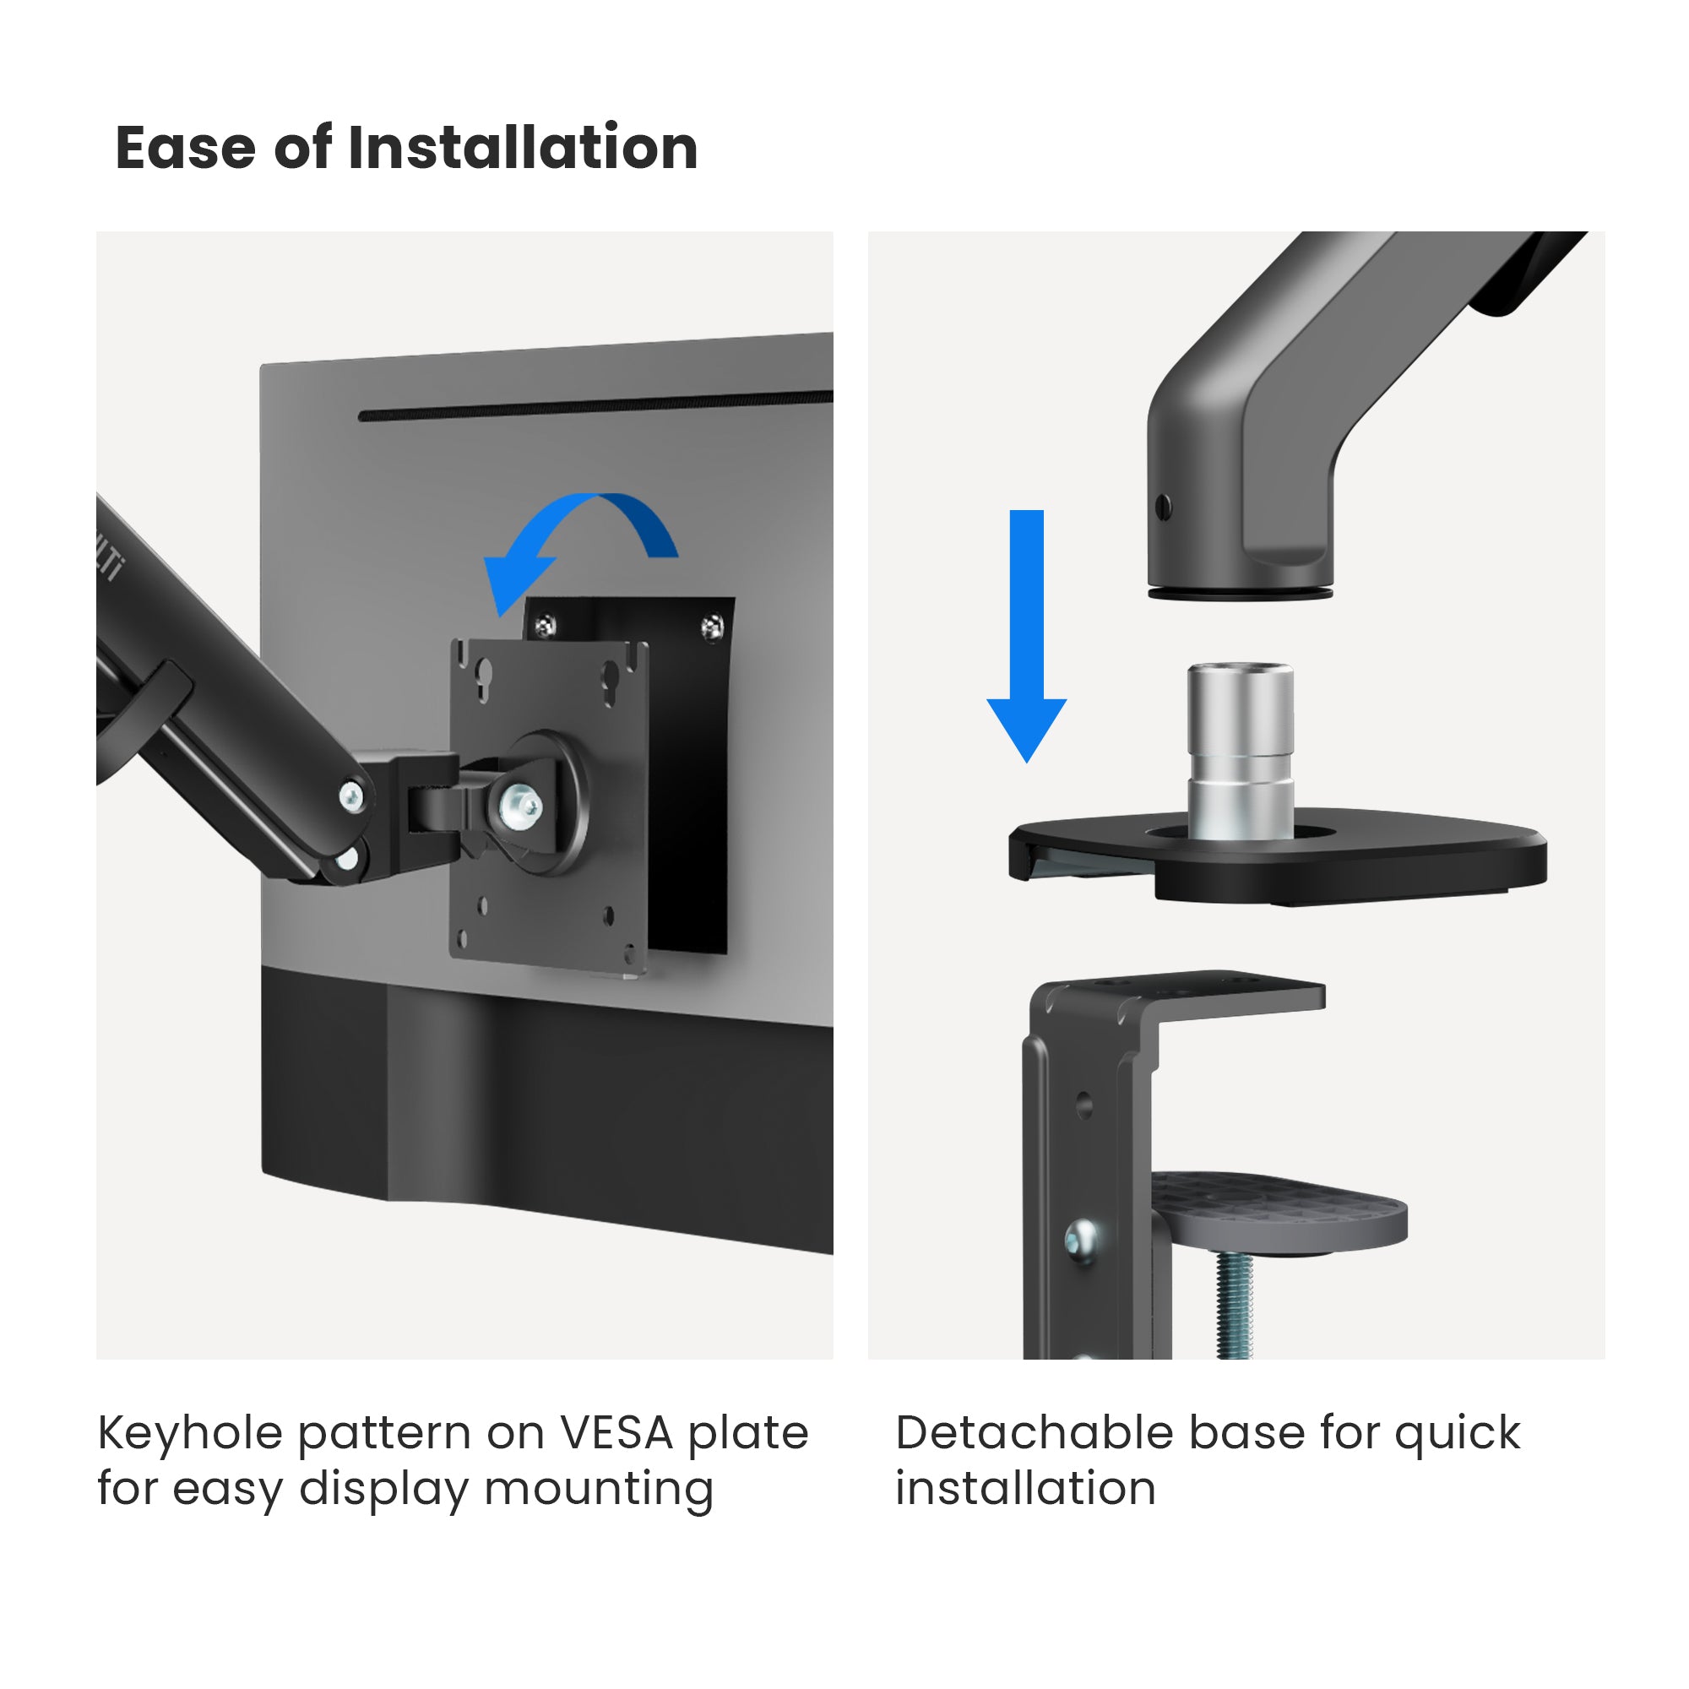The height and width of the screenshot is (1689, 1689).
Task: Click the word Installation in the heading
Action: pos(523,147)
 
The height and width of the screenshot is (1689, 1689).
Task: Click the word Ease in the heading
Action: pos(185,148)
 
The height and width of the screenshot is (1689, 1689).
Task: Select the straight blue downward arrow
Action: pos(1026,636)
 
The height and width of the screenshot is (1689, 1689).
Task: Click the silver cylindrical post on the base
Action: pos(1240,750)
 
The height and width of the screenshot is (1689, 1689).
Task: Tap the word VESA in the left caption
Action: pos(617,1434)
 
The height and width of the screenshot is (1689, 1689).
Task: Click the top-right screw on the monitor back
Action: pos(713,626)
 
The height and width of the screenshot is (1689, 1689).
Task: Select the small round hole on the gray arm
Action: pos(1163,507)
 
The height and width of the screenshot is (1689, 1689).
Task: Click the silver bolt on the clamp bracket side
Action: pos(1083,1240)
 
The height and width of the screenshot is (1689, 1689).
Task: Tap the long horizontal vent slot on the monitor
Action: pos(595,405)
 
